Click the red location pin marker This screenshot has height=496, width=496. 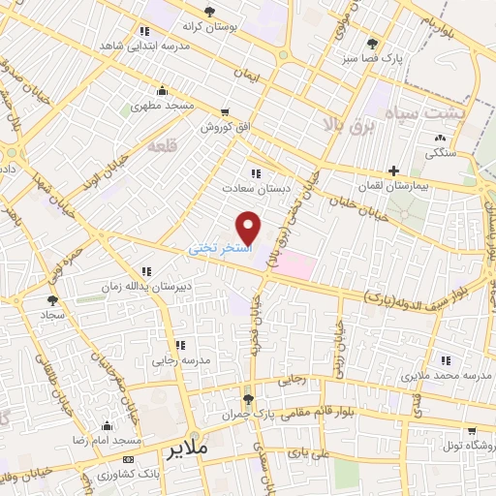coord(249,228)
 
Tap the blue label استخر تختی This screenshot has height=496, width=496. coord(219,249)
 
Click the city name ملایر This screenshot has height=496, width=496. coord(188,450)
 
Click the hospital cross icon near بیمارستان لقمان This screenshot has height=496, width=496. coord(392,170)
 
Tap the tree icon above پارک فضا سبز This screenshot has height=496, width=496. coord(373,44)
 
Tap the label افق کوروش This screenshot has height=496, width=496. coord(226,127)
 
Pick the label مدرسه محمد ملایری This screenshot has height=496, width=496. coord(442,374)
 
